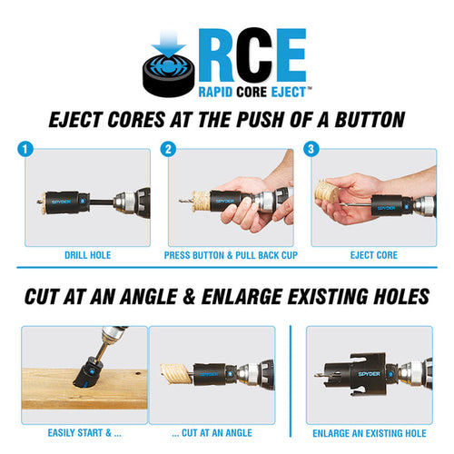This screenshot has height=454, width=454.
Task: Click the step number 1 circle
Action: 27,148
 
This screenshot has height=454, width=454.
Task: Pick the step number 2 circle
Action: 169,148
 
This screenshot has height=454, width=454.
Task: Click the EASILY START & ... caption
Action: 82,433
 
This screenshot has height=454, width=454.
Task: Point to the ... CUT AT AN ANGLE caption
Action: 211,433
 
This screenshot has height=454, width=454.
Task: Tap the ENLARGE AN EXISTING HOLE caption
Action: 368,433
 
